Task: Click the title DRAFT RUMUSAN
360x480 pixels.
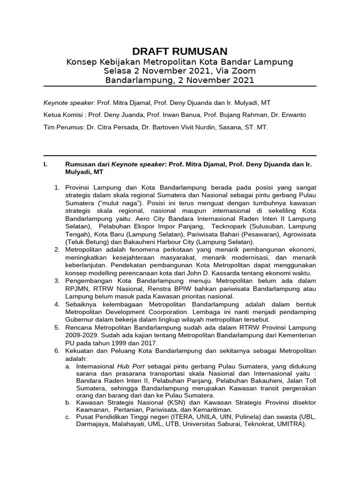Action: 180,52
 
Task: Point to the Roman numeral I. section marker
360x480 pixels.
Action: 45,165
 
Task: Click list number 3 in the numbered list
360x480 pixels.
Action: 56,281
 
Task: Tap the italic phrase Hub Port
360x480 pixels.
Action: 130,366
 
